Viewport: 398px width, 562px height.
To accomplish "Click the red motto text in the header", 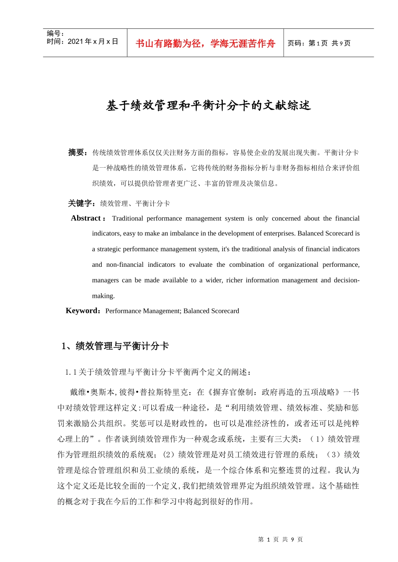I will pyautogui.click(x=205, y=43).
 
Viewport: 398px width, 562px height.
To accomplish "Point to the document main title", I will pyautogui.click(x=208, y=105).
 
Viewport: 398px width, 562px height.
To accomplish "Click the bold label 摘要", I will pyautogui.click(x=78, y=153).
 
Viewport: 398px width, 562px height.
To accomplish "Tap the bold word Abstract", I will pyautogui.click(x=86, y=218).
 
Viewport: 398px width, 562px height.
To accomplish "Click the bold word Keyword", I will pyautogui.click(x=82, y=311).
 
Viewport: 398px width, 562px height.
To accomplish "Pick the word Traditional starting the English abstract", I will pyautogui.click(x=127, y=218).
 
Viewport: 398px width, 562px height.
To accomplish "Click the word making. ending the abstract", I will pyautogui.click(x=103, y=296).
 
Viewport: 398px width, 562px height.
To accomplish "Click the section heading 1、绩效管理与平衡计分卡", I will pyautogui.click(x=115, y=346).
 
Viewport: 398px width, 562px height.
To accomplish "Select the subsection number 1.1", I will pyautogui.click(x=71, y=372).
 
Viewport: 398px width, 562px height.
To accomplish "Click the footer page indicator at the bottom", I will pyautogui.click(x=280, y=539).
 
